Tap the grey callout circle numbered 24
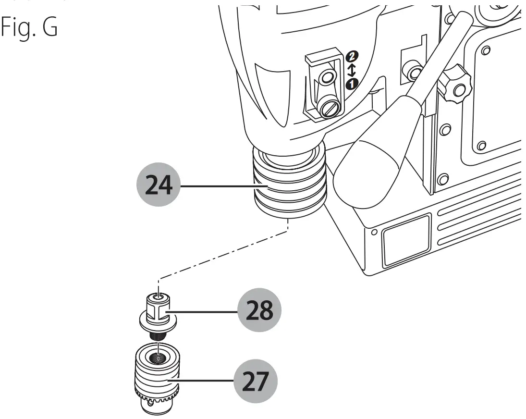coord(159,185)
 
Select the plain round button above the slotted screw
coord(329,77)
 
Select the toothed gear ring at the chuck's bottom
coord(156,397)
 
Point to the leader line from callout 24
coord(216,185)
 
